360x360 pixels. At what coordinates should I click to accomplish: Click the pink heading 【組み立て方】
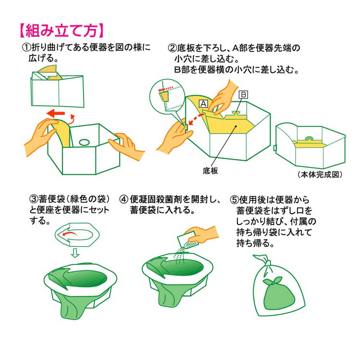pos(62,30)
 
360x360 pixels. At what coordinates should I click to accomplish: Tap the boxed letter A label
pos(203,104)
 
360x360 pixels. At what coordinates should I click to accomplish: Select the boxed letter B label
pos(243,95)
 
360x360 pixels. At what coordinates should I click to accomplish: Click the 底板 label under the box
pos(210,171)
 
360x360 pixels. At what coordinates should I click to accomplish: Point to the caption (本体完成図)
pos(320,175)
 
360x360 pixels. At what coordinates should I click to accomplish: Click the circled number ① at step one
pos(26,48)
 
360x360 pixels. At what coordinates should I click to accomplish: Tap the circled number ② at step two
pos(172,48)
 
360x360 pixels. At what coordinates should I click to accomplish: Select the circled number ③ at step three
pos(34,199)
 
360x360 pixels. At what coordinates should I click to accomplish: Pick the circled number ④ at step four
pos(123,199)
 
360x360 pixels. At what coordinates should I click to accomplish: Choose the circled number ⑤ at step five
pos(234,199)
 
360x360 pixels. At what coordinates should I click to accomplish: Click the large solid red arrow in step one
pos(55,113)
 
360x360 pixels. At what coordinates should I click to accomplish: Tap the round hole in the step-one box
pos(84,142)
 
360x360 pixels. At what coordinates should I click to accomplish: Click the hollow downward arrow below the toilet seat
pos(75,253)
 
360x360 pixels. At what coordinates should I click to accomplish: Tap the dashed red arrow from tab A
pos(195,120)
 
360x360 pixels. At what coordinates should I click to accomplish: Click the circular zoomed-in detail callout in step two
pos(167,96)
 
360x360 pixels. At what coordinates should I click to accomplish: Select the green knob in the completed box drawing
pos(309,138)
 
